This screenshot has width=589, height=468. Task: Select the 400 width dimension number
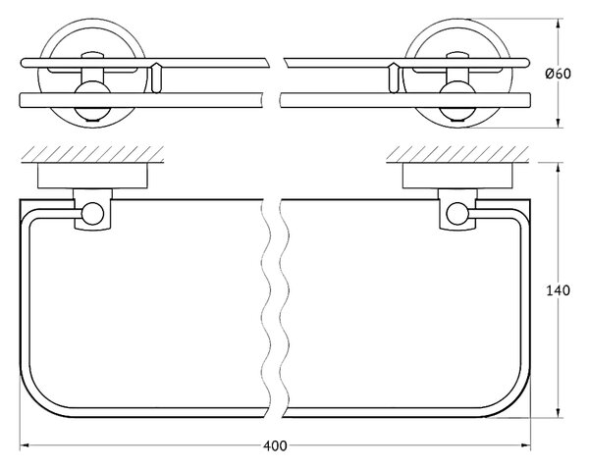275,447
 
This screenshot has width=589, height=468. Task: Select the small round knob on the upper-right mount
455,97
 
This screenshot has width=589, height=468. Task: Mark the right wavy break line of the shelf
282,309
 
